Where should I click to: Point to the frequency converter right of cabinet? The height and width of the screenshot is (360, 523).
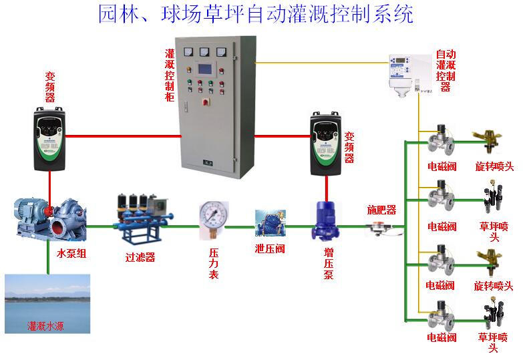tap(327, 144)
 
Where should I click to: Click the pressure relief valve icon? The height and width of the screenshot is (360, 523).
tap(271, 225)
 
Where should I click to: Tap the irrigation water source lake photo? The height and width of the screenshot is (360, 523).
tap(47, 303)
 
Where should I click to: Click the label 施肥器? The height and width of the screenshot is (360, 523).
tap(381, 210)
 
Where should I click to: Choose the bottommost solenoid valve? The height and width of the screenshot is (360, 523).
tap(442, 315)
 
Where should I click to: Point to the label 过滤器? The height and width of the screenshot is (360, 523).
tap(140, 257)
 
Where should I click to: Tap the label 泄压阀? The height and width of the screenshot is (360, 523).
tap(270, 249)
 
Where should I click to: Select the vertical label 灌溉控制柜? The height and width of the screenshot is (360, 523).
tap(170, 74)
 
